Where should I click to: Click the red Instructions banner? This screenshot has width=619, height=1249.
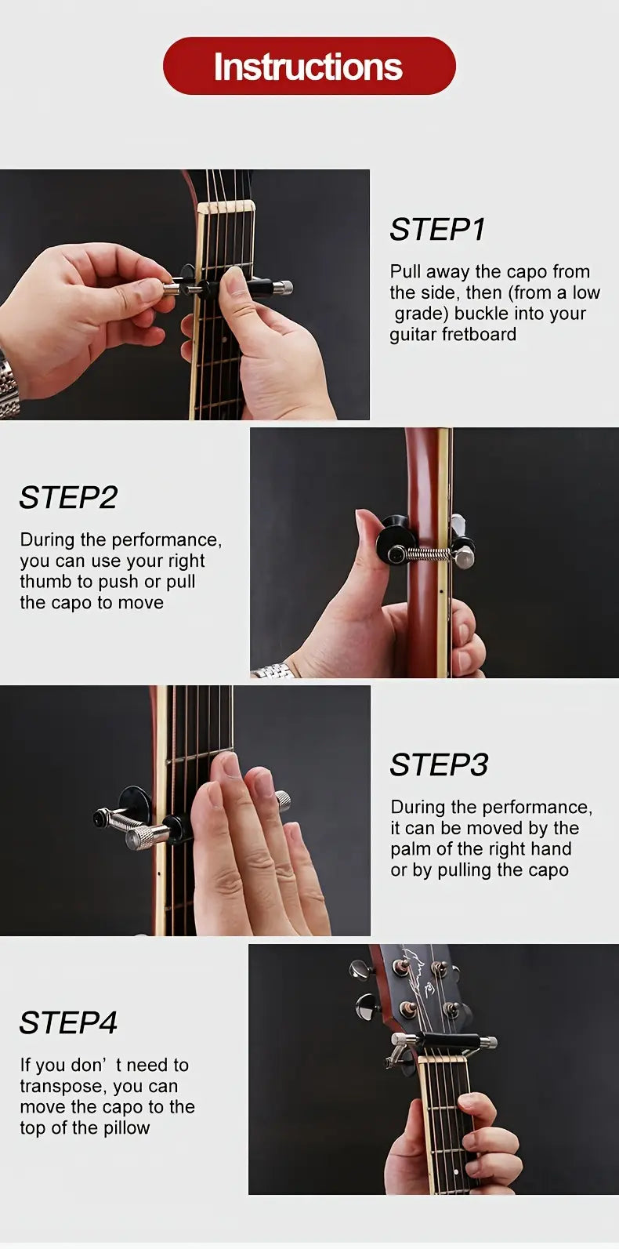tap(309, 66)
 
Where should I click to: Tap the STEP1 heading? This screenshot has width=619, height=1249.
tap(437, 229)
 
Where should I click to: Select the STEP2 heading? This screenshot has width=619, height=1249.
tap(68, 497)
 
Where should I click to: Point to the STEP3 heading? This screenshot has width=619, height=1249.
tap(439, 764)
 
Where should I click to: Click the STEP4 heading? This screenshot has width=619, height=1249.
tap(68, 1022)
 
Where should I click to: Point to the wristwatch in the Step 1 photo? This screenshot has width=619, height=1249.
tap(8, 385)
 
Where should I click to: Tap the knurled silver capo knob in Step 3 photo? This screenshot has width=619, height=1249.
tap(147, 837)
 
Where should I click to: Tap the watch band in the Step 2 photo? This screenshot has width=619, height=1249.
tap(272, 671)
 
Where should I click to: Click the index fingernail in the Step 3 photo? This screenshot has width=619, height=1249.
tap(229, 764)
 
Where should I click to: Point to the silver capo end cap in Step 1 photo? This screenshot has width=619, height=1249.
tap(284, 288)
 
